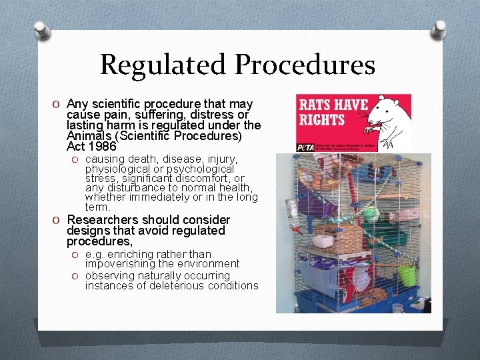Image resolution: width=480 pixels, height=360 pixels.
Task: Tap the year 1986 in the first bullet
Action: click(101, 145)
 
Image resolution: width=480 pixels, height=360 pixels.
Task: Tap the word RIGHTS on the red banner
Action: click(322, 121)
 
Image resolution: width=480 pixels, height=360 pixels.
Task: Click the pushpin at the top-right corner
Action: click(439, 28)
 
